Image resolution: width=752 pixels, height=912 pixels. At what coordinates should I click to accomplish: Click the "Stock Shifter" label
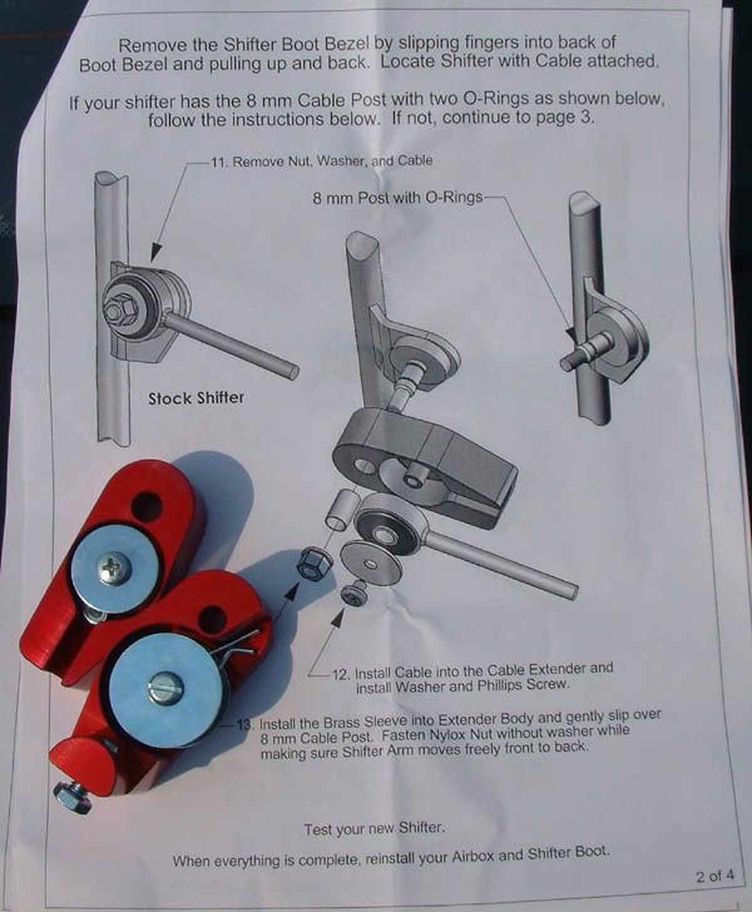click(196, 398)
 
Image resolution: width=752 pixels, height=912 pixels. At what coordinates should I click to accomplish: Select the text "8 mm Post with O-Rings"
click(398, 198)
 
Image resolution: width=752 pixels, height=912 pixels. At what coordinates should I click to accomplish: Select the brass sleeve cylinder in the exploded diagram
click(341, 509)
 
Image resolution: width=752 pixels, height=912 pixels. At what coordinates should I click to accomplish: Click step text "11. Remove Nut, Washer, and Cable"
click(322, 161)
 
